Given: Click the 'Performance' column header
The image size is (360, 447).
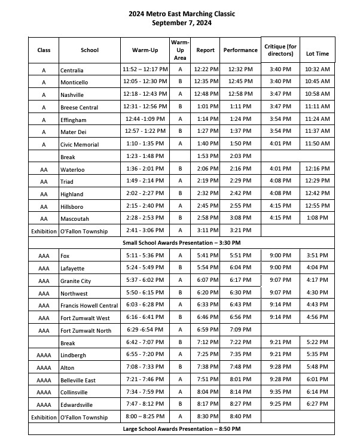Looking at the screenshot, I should pyautogui.click(x=240, y=50).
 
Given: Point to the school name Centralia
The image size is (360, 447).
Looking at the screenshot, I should pyautogui.click(x=72, y=70).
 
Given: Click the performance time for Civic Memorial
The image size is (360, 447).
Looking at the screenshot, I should pyautogui.click(x=240, y=144).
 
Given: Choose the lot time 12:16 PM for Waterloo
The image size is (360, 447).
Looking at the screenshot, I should pyautogui.click(x=317, y=169).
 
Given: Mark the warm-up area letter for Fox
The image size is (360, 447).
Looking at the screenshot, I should pyautogui.click(x=179, y=256).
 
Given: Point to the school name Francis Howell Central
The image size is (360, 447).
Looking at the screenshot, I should pyautogui.click(x=89, y=306).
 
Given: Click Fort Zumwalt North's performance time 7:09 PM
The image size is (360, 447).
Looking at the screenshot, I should pyautogui.click(x=240, y=330).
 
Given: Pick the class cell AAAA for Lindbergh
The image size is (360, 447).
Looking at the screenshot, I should pyautogui.click(x=44, y=355).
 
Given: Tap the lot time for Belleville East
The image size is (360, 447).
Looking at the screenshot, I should pyautogui.click(x=317, y=379).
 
